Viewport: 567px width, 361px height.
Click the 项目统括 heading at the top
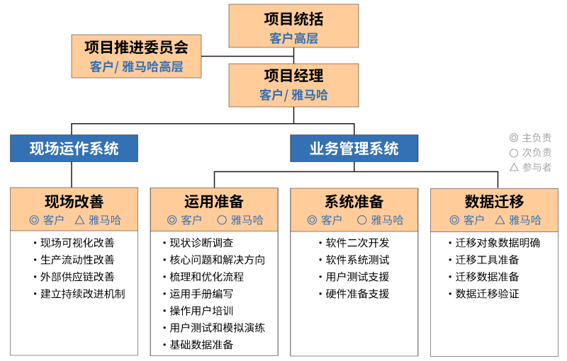point(293,19)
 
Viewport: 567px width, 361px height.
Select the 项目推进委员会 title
point(136,47)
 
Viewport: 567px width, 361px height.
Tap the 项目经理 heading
point(293,76)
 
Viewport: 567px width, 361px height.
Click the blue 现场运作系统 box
point(74,149)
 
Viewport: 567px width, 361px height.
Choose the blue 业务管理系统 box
point(354,149)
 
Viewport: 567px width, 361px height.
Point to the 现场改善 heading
point(74,202)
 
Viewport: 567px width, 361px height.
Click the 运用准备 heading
point(214,202)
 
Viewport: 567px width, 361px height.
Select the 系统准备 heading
point(354,202)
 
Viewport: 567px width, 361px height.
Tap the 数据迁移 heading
point(494,202)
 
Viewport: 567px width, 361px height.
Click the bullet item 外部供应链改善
point(77,277)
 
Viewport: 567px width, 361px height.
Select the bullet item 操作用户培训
point(201,311)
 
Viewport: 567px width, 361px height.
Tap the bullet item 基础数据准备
point(201,345)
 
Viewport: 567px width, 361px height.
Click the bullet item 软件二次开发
point(357,243)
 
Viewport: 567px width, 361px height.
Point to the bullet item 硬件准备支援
point(357,294)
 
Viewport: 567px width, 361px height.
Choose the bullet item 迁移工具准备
point(487,260)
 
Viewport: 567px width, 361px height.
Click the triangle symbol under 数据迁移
point(500,220)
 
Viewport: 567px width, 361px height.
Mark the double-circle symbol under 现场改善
point(34,220)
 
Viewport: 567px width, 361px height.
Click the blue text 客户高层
point(293,38)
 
